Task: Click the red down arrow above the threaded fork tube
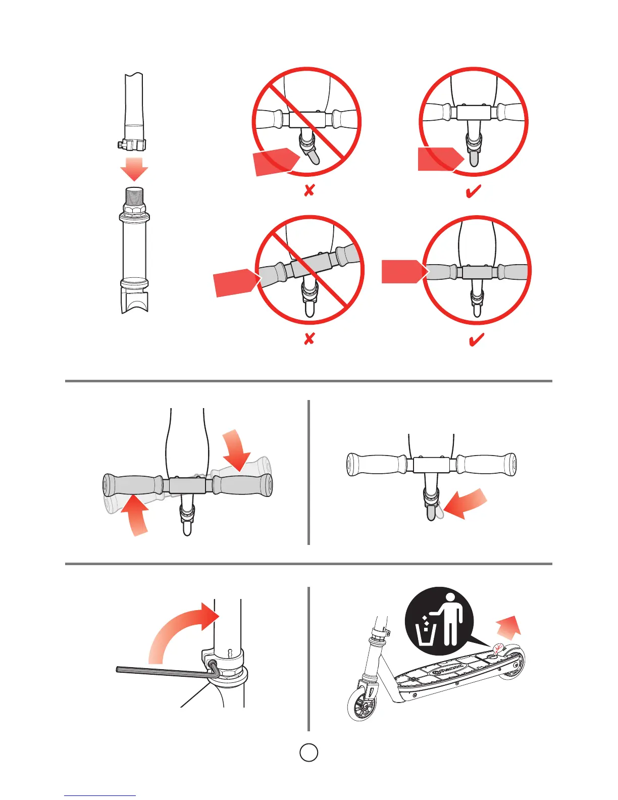pyautogui.click(x=134, y=169)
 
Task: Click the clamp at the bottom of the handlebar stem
pyautogui.click(x=133, y=145)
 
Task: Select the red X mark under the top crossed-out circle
pyautogui.click(x=309, y=190)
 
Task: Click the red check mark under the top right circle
pyautogui.click(x=473, y=191)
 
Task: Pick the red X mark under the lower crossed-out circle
pyautogui.click(x=309, y=338)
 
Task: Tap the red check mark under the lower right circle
pyautogui.click(x=476, y=339)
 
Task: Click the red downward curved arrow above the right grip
pyautogui.click(x=237, y=448)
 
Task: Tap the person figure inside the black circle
pyautogui.click(x=451, y=619)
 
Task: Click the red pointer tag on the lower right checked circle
pyautogui.click(x=402, y=272)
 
